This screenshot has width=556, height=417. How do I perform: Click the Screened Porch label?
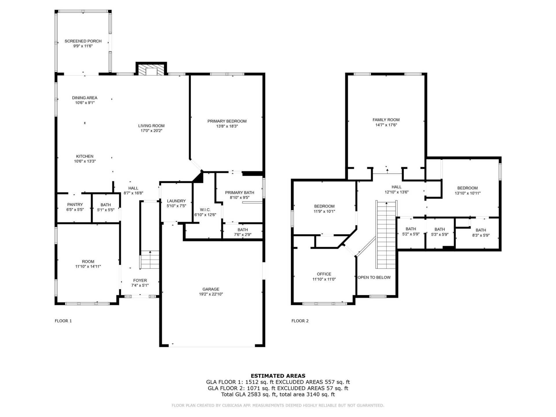point(83,41)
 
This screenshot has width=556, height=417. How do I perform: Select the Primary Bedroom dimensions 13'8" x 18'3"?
point(227,126)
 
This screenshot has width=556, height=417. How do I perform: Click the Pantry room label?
point(75,204)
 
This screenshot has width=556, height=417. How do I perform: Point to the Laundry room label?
point(176,201)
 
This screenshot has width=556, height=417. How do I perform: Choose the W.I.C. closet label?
point(205,210)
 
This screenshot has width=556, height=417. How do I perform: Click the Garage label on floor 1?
point(211,289)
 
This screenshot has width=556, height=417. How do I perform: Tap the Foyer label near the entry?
point(140,280)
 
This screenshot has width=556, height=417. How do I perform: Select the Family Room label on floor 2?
point(386,120)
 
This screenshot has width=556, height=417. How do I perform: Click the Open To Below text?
point(374,277)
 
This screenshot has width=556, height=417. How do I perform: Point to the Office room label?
point(324,274)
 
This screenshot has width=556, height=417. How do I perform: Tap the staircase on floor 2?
point(386,235)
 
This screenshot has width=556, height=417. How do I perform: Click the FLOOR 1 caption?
point(63,321)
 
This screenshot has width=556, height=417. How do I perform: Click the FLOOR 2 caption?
point(300,321)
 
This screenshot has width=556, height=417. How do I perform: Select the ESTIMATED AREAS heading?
point(278,376)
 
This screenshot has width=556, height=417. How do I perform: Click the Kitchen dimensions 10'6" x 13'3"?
point(85,161)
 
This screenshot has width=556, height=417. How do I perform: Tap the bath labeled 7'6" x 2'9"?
point(242,235)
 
